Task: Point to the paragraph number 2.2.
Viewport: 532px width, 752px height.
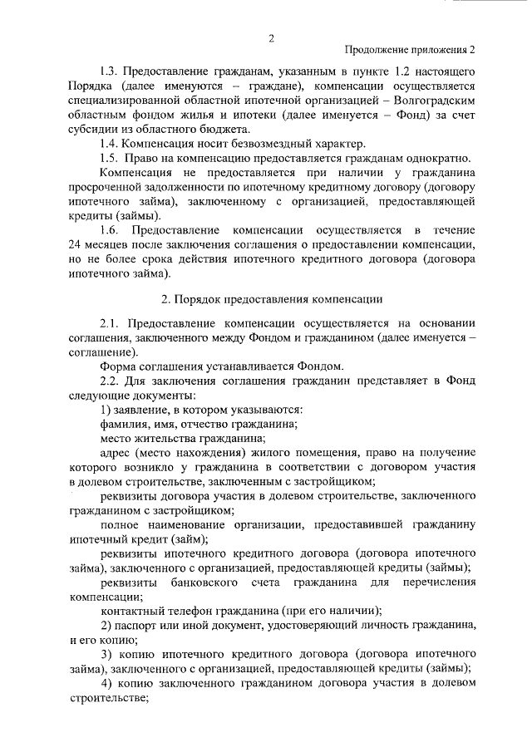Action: (110, 381)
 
